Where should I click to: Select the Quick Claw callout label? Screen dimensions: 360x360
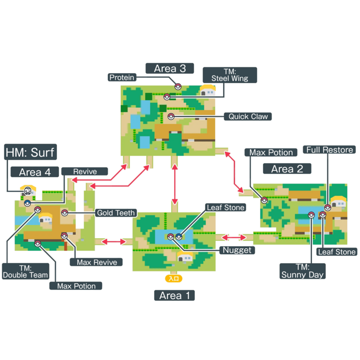tap(248, 117)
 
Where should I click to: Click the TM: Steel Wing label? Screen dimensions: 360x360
tap(230, 75)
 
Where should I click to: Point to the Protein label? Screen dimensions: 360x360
tap(121, 77)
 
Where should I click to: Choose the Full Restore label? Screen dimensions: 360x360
tap(330, 150)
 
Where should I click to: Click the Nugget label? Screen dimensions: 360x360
tap(238, 250)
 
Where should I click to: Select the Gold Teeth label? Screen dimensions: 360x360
tap(115, 213)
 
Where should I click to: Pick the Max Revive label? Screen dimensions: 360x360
tap(97, 262)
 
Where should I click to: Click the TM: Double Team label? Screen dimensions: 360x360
tap(26, 271)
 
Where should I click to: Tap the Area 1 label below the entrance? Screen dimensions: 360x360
tap(174, 296)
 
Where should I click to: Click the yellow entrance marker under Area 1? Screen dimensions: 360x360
tap(174, 278)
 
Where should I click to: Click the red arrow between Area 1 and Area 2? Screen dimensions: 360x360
tap(235, 238)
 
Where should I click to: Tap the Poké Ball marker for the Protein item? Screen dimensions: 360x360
tap(178, 86)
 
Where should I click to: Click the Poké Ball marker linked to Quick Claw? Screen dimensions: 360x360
tap(171, 117)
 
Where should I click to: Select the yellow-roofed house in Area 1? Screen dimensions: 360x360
tap(185, 256)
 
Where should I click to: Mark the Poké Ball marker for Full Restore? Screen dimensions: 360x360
tap(327, 207)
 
